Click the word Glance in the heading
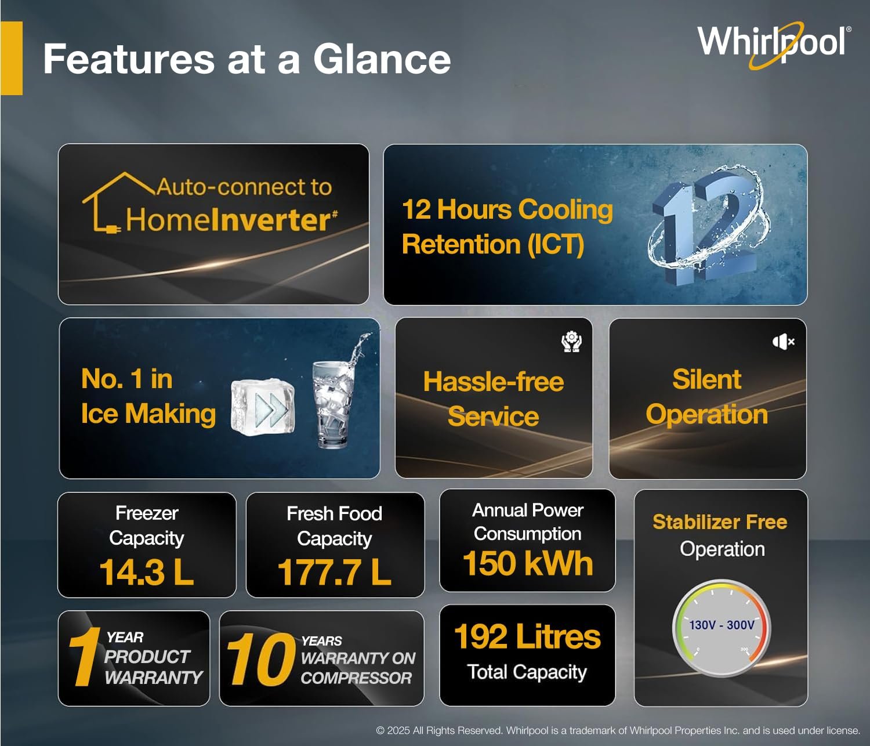click(382, 59)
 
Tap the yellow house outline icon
click(118, 202)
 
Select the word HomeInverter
click(231, 220)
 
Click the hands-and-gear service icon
click(571, 342)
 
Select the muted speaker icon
click(784, 342)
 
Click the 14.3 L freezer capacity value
click(147, 572)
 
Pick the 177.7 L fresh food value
click(334, 572)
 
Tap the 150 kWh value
click(528, 563)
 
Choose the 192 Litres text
click(527, 637)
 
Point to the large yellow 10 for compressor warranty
click(260, 659)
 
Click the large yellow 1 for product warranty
click(85, 657)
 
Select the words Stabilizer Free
click(720, 522)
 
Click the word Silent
click(706, 379)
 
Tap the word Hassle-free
click(494, 382)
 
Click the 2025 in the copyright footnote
click(398, 730)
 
